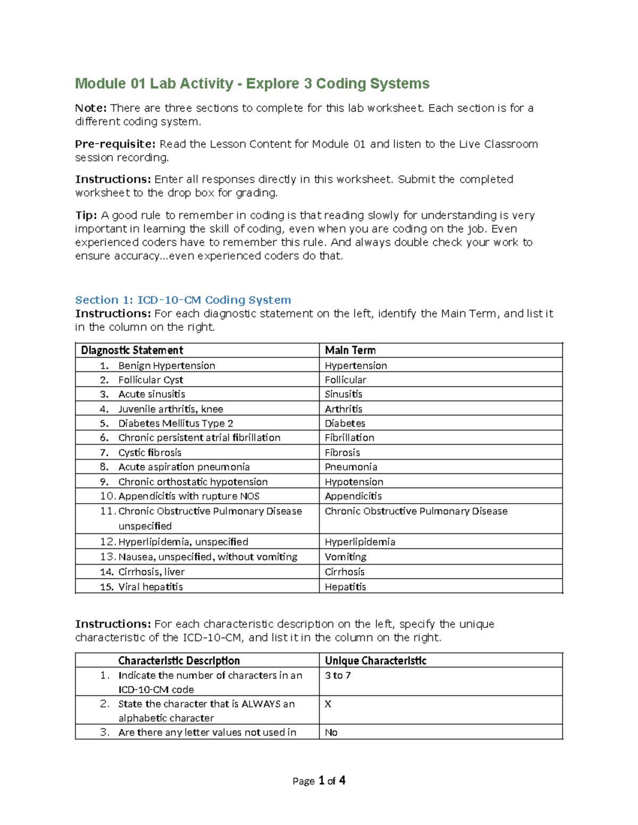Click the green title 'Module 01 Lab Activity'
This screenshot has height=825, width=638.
154,83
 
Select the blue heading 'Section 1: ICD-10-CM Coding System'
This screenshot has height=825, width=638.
183,300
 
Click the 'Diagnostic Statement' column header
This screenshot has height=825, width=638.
132,350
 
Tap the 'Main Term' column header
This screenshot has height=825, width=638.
350,350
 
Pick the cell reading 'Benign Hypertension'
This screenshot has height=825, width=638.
166,365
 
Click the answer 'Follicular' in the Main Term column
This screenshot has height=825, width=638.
345,380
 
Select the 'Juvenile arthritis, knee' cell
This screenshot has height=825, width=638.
171,409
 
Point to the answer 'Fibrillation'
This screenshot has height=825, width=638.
349,438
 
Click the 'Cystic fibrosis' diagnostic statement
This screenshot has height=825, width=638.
149,453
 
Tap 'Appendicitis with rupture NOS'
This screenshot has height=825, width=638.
189,496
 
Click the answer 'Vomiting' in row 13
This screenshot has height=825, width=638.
346,557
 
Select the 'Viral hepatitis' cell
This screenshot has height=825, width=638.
150,587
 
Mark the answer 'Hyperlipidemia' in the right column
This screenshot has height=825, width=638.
360,542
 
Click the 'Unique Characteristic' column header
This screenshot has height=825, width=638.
375,661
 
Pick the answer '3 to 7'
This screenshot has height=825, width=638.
338,676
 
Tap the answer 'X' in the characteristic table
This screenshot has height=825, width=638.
328,704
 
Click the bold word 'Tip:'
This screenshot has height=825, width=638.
86,215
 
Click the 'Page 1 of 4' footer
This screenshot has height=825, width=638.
318,780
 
